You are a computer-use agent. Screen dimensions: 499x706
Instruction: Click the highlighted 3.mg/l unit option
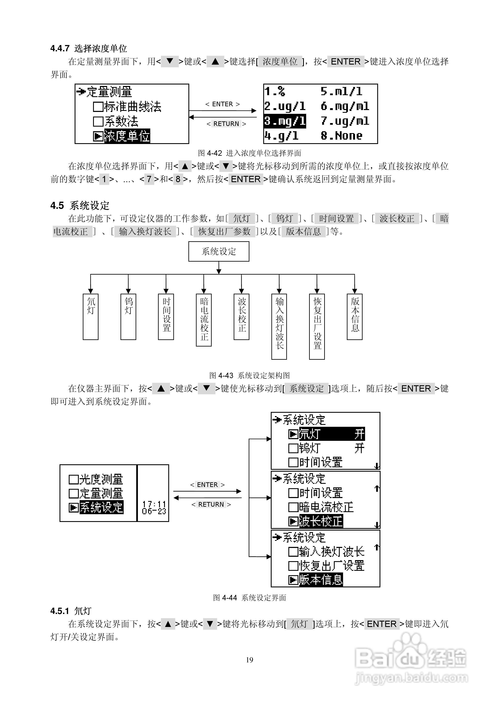(x=285, y=121)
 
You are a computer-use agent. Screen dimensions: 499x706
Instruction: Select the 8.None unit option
(x=341, y=135)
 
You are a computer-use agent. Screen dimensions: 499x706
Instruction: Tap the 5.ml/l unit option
(x=341, y=91)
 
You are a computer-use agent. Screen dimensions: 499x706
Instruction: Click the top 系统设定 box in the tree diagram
(x=219, y=252)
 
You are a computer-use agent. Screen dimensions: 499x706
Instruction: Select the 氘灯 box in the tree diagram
(x=90, y=317)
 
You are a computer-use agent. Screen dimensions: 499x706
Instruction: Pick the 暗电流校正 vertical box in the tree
(x=204, y=320)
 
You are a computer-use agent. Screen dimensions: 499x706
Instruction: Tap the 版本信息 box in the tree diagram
(x=354, y=317)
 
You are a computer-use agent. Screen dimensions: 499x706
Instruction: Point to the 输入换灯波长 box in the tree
(x=279, y=327)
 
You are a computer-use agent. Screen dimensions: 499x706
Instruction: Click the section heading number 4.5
(x=57, y=205)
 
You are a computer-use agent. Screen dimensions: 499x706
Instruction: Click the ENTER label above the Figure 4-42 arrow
(x=223, y=104)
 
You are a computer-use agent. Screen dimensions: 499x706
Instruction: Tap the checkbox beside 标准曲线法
(x=98, y=107)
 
